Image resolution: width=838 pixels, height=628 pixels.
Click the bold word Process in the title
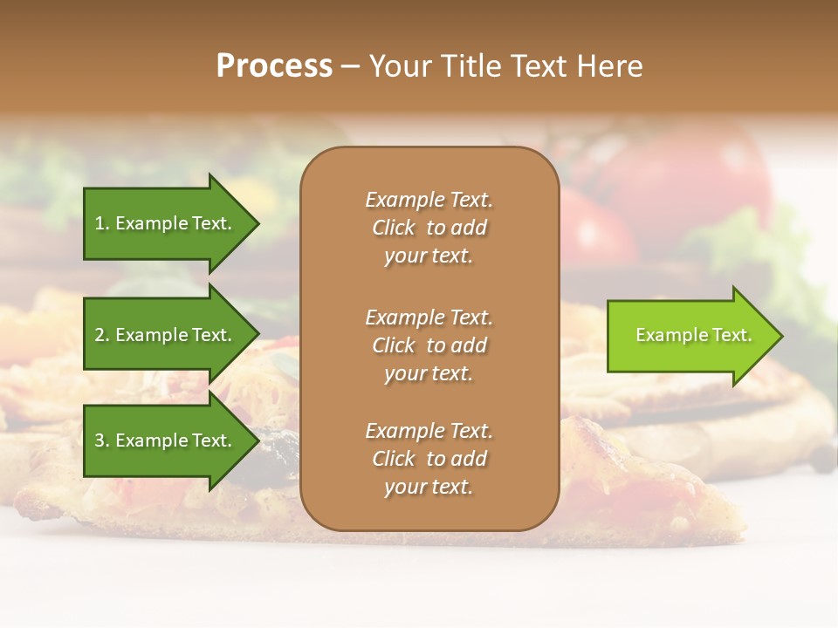274,66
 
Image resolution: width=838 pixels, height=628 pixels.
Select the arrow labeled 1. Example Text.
166,223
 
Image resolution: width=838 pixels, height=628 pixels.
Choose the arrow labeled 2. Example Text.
166,335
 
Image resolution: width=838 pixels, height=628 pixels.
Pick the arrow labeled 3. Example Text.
166,440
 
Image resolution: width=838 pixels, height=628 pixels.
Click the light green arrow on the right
690,336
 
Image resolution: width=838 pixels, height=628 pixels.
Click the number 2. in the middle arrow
102,335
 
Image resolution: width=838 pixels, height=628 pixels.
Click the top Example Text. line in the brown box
429,200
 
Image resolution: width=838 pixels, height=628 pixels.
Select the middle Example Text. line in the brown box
429,317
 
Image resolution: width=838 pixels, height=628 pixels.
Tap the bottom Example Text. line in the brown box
429,431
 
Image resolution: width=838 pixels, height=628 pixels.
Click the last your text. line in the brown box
429,487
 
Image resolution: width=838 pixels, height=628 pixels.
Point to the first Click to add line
429,228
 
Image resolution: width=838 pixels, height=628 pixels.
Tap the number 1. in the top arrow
102,223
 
